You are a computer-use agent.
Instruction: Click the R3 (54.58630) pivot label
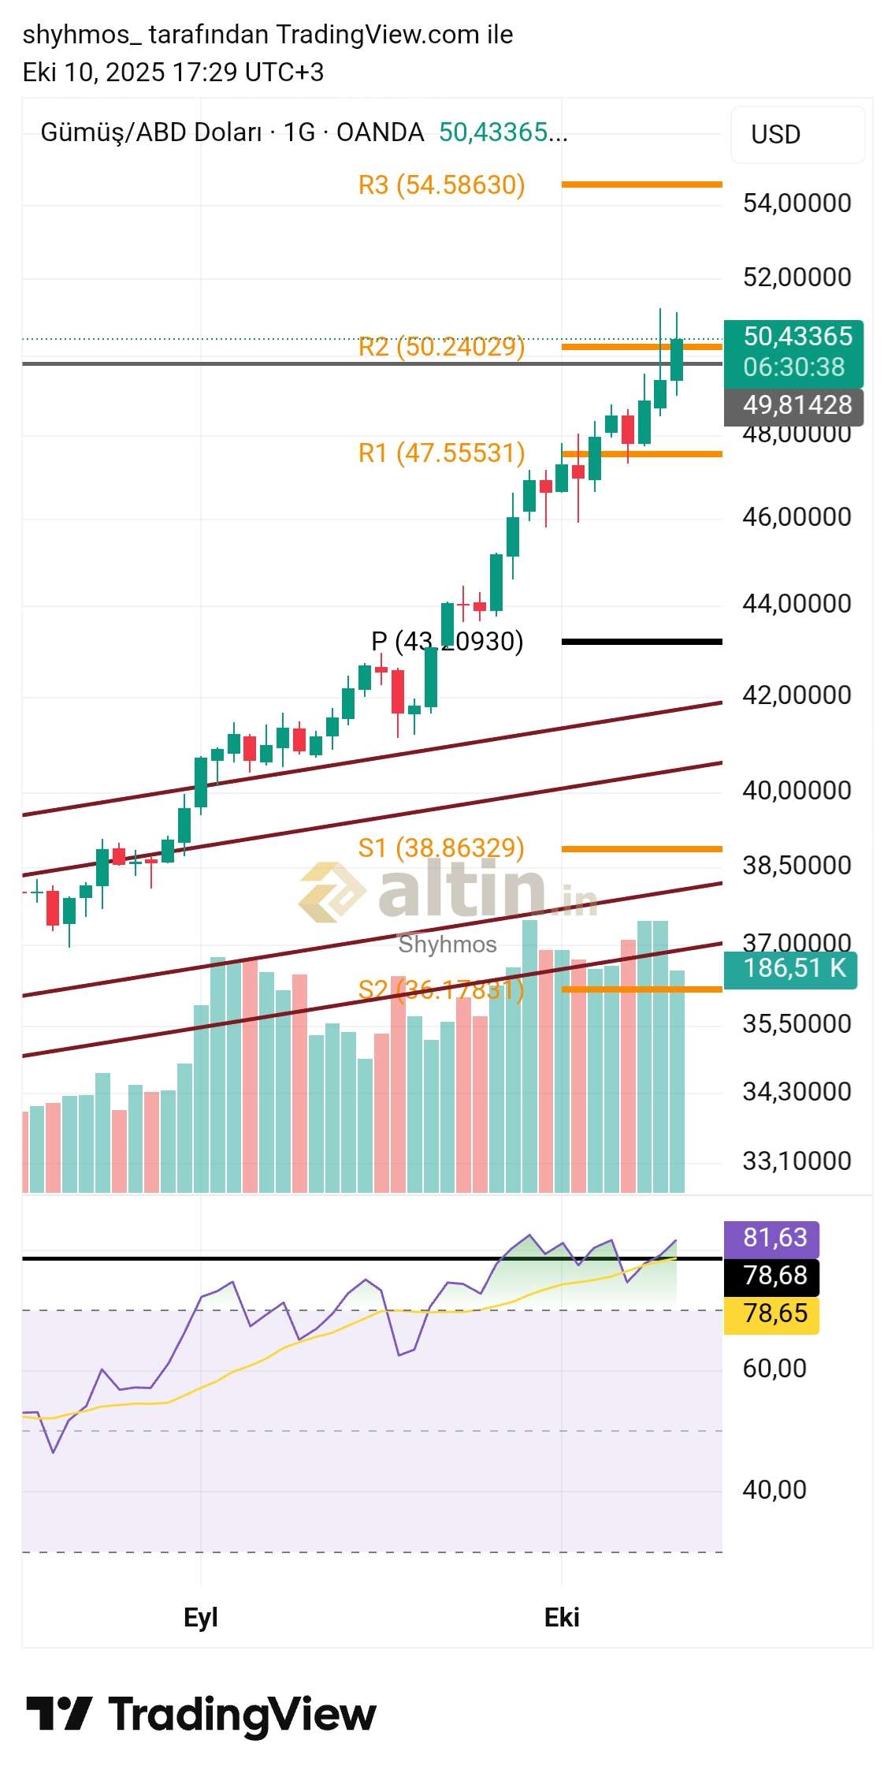tap(441, 185)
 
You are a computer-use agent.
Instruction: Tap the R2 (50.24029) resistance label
tap(441, 347)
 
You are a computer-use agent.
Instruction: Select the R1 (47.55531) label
tap(441, 453)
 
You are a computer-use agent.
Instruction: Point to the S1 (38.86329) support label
tap(441, 848)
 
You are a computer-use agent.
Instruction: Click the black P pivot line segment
tap(641, 642)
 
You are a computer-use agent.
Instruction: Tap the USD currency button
tap(797, 135)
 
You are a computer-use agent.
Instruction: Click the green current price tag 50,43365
tap(793, 352)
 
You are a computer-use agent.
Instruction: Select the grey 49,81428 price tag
tap(793, 405)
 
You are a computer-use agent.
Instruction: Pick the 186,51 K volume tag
tap(790, 968)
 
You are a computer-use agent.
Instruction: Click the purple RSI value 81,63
tap(771, 1238)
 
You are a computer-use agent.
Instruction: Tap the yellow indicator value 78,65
tap(771, 1313)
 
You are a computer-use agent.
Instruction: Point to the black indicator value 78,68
tap(771, 1276)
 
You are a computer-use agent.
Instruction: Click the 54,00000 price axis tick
tap(797, 203)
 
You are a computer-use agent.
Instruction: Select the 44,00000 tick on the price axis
tap(797, 604)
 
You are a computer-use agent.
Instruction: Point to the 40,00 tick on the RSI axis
tap(774, 1489)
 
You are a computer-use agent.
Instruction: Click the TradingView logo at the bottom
tap(202, 1715)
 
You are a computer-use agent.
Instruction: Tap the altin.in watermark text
tap(461, 891)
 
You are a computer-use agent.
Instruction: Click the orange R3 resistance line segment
tap(641, 184)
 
